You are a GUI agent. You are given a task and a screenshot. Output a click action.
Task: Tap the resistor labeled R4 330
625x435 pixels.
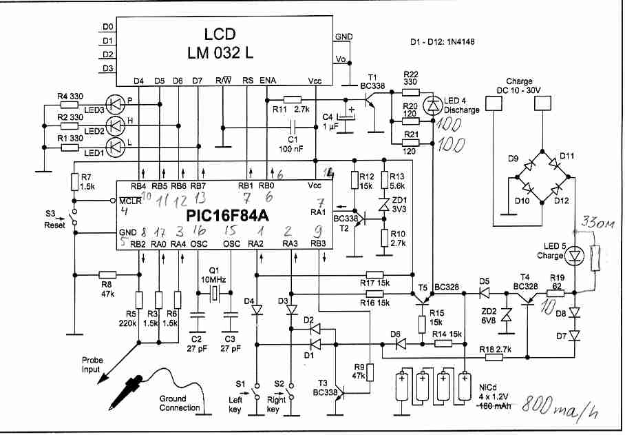(70, 105)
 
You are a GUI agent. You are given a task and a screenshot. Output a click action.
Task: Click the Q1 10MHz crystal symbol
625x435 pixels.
(214, 294)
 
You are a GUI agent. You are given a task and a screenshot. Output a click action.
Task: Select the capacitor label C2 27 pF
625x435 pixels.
(197, 344)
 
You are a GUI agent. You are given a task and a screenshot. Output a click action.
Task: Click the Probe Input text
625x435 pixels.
(92, 365)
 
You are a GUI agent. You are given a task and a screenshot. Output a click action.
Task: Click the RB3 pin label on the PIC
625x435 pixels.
(317, 244)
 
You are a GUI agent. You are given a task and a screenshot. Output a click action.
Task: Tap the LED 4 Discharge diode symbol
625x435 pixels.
(433, 105)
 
